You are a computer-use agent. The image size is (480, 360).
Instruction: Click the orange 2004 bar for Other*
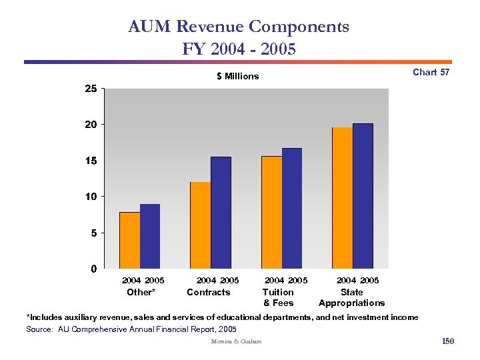coord(129,240)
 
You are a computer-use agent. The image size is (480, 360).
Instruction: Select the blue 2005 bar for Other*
coord(150,236)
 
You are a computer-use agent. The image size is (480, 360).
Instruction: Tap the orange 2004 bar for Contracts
coord(200,225)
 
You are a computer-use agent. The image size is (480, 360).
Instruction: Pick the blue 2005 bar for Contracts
coord(221,213)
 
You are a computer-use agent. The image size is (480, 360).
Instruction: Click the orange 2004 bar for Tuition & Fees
coord(271,212)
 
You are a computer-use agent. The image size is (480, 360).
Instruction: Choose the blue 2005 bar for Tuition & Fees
coord(292,208)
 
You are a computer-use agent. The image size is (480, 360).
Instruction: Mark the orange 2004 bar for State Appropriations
coord(343,198)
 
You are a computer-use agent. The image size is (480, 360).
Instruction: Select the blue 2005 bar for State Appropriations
coord(363,196)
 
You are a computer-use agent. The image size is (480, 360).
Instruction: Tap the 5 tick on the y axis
coord(94,233)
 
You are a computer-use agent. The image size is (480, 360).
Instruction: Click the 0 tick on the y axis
coord(94,269)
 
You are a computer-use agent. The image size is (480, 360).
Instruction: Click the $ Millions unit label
coord(237,76)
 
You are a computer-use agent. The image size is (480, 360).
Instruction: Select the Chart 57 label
coord(431,72)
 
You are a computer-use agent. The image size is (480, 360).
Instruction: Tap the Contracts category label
coord(208,292)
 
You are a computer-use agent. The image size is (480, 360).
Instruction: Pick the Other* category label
coord(141,292)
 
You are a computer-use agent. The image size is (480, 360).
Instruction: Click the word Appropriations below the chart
coord(351,303)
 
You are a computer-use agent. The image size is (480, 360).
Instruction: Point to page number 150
coord(447,341)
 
